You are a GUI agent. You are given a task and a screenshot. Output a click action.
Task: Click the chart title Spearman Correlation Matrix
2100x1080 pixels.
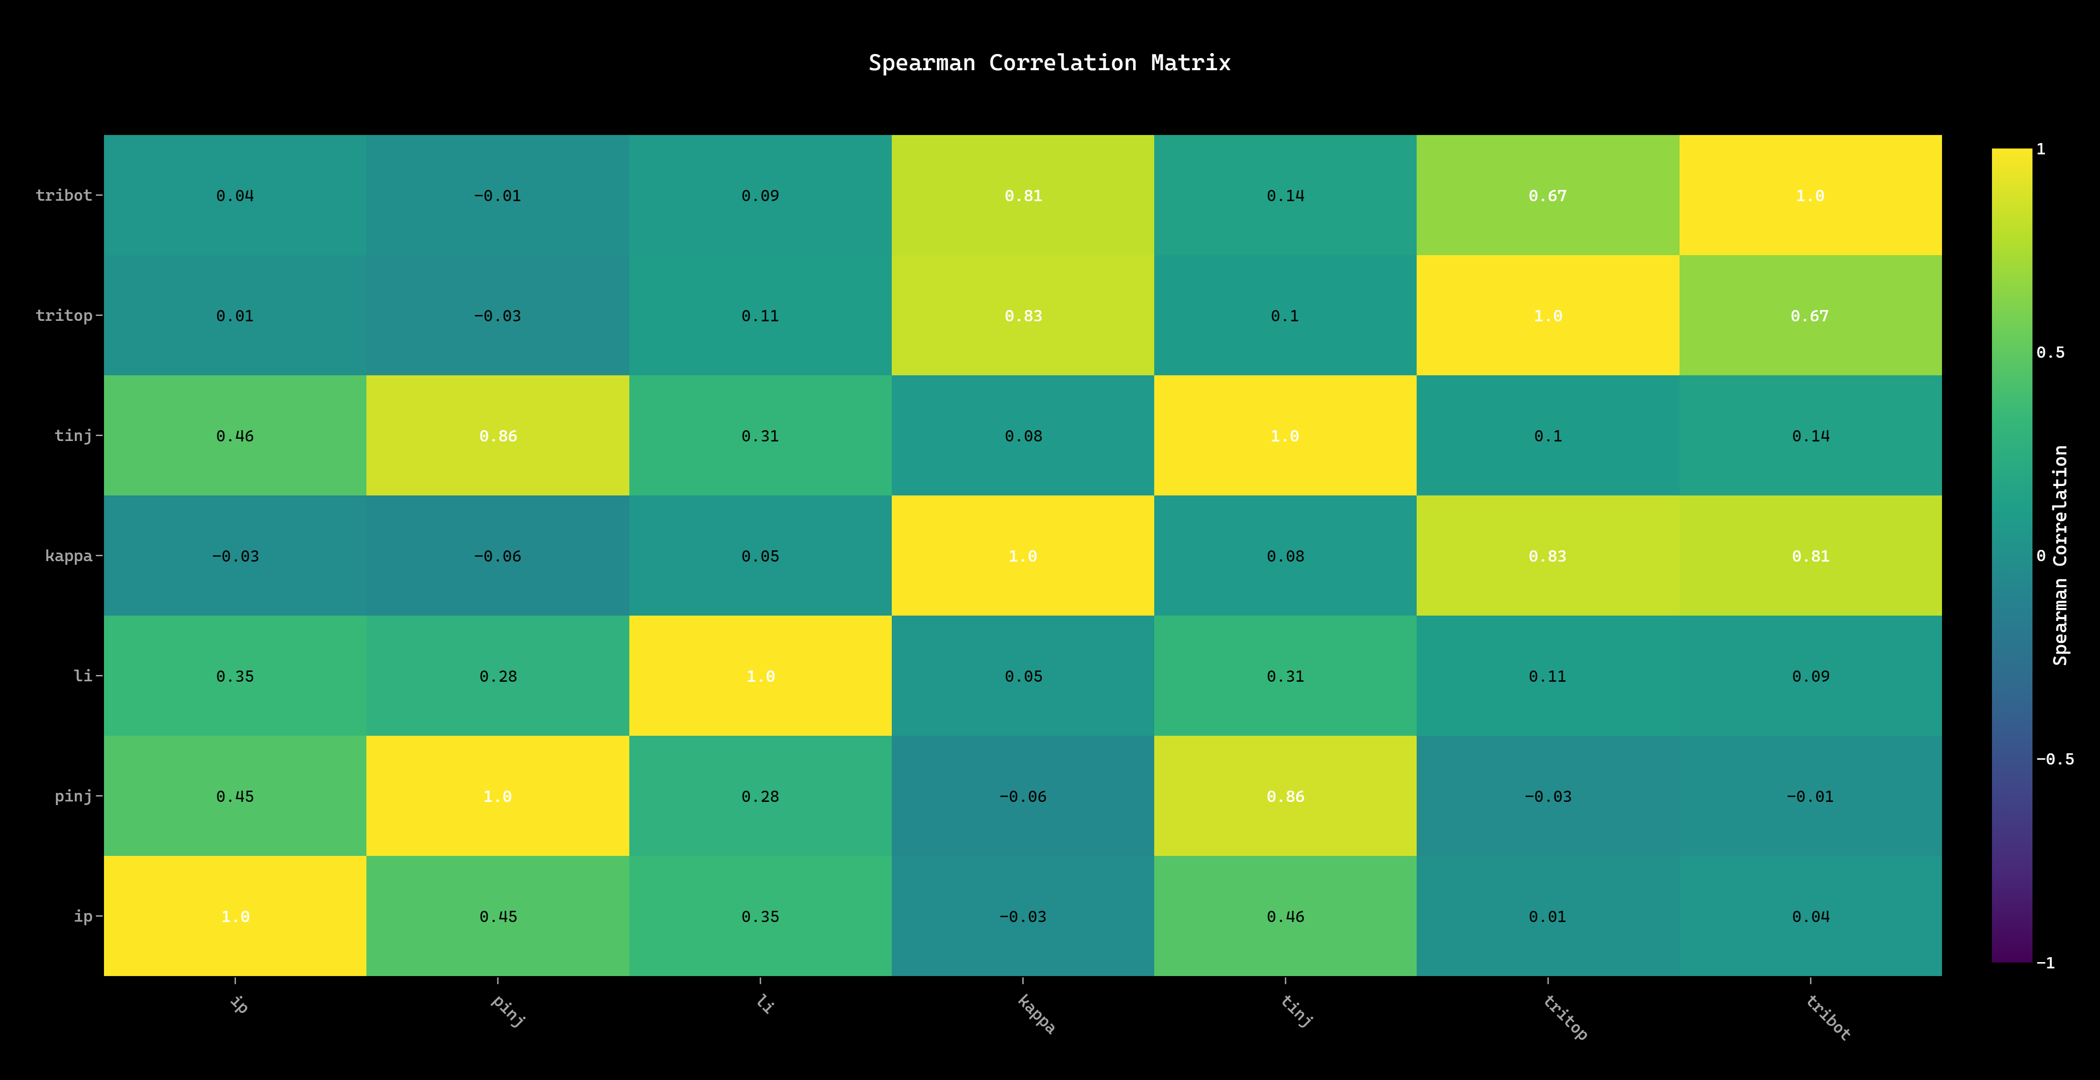pyautogui.click(x=1049, y=63)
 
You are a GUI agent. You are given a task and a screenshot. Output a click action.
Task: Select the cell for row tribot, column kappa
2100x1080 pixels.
pyautogui.click(x=1023, y=196)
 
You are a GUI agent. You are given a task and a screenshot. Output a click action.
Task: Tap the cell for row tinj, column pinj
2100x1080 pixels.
pyautogui.click(x=498, y=436)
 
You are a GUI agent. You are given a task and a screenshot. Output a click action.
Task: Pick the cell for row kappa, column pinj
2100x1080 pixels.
pyautogui.click(x=498, y=556)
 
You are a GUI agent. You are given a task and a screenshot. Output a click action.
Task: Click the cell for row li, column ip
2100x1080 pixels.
pyautogui.click(x=235, y=676)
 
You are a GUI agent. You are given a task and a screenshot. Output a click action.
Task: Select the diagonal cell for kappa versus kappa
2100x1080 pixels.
pyautogui.click(x=1023, y=556)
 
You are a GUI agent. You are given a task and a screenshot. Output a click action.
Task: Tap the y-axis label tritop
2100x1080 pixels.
pyautogui.click(x=64, y=315)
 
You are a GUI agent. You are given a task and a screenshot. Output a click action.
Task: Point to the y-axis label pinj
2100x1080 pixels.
pyautogui.click(x=73, y=796)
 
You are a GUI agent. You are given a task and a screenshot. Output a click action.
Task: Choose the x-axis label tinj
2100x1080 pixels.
pyautogui.click(x=1296, y=1011)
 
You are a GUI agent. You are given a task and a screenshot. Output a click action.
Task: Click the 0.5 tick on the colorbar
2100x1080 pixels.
pyautogui.click(x=2050, y=352)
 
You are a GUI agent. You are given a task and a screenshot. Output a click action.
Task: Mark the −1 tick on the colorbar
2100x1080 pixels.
pyautogui.click(x=2046, y=963)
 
